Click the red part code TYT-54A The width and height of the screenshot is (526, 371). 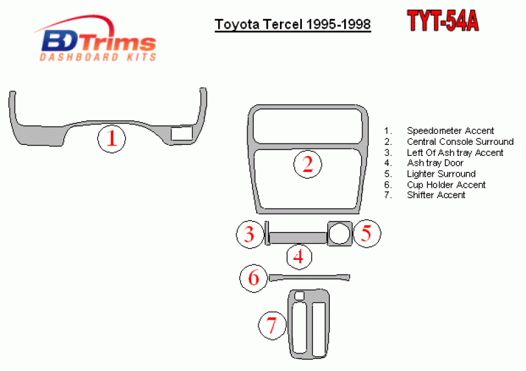click(443, 21)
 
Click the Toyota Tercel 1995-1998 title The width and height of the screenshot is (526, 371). click(293, 25)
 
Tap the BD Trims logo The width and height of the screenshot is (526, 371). click(95, 38)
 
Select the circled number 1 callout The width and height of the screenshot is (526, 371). click(112, 138)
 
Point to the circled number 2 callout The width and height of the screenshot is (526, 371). click(308, 164)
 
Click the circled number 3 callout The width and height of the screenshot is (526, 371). click(249, 234)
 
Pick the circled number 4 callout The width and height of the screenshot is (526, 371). click(299, 257)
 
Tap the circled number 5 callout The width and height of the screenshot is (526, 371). click(367, 233)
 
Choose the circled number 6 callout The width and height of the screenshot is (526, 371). click(254, 278)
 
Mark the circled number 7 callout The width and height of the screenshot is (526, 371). click(272, 326)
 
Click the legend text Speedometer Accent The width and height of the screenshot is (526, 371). click(450, 131)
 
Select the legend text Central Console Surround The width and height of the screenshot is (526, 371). click(460, 142)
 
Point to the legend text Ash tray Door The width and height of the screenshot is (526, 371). click(435, 163)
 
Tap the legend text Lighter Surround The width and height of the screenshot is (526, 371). click(441, 173)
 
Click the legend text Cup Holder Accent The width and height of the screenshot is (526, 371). click(446, 185)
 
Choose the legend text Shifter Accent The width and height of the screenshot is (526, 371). click(436, 195)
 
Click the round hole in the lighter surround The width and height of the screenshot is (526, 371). click(339, 233)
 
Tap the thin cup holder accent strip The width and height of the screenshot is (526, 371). click(309, 277)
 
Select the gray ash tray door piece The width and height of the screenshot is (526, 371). click(298, 237)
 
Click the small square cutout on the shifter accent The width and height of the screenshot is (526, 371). click(299, 296)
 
